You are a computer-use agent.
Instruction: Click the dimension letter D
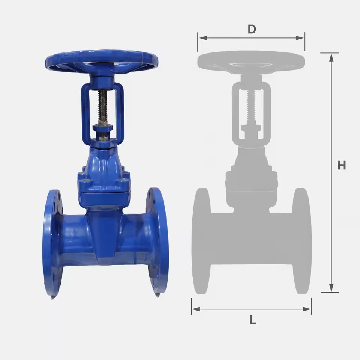252,29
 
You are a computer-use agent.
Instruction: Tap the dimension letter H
342,165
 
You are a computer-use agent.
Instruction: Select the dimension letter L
253,319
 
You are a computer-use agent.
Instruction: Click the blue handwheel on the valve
102,60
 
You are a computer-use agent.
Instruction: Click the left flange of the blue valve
52,243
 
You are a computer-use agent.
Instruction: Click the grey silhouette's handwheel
251,61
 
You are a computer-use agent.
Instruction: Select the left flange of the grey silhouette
201,241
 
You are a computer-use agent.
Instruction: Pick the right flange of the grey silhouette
302,241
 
